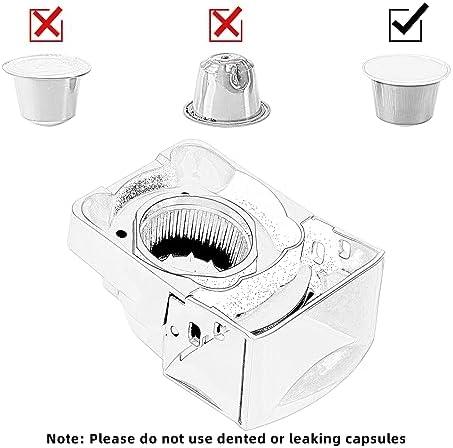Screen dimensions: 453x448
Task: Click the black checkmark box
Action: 406,24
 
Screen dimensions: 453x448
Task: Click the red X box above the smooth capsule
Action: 46,24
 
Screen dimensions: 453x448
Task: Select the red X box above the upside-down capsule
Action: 226,24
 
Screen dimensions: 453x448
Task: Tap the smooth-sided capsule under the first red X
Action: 47,90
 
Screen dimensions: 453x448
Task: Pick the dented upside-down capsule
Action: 227,89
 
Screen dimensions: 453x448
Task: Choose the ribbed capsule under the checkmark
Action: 406,90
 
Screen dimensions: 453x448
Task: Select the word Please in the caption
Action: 112,438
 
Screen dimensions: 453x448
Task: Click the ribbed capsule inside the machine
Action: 195,237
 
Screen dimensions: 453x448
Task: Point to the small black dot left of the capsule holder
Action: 121,234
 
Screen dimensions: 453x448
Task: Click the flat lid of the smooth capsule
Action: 47,67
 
